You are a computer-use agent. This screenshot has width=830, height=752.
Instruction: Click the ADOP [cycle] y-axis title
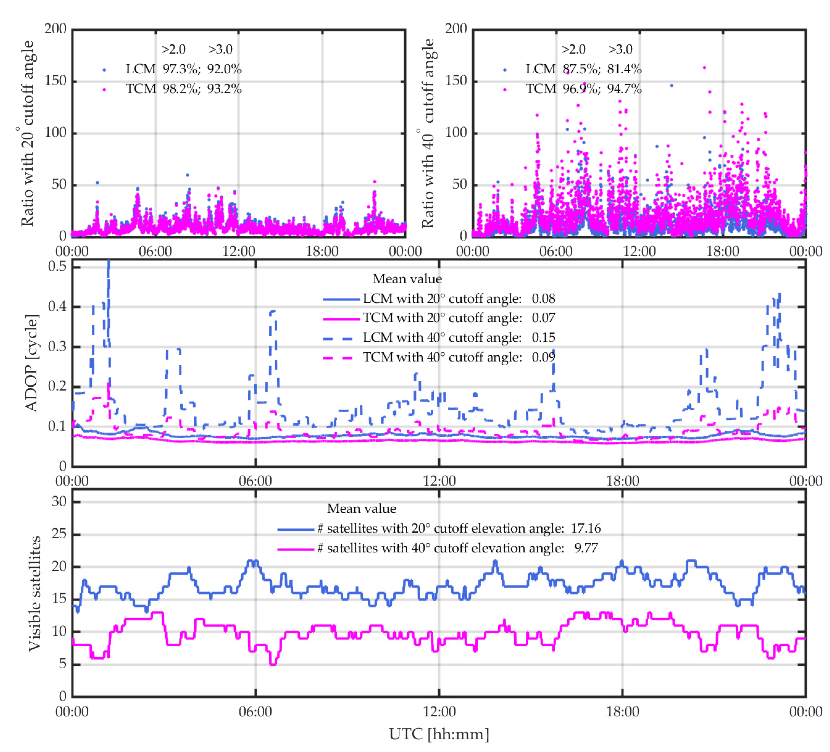pos(32,363)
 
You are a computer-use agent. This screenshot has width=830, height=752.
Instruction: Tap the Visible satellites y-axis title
pos(35,593)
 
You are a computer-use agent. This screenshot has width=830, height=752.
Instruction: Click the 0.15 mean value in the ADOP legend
pos(543,338)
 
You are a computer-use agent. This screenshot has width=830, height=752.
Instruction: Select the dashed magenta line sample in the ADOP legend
pos(338,358)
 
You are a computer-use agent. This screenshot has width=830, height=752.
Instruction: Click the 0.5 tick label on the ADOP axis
pos(57,266)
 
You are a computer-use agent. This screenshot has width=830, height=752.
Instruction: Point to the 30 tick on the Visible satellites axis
pos(59,501)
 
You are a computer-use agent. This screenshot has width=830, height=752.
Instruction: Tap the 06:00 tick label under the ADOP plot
pos(255,481)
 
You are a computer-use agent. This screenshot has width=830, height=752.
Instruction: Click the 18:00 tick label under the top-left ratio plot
pos(322,251)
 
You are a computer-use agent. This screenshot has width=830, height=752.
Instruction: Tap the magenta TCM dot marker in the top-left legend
pos(104,89)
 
